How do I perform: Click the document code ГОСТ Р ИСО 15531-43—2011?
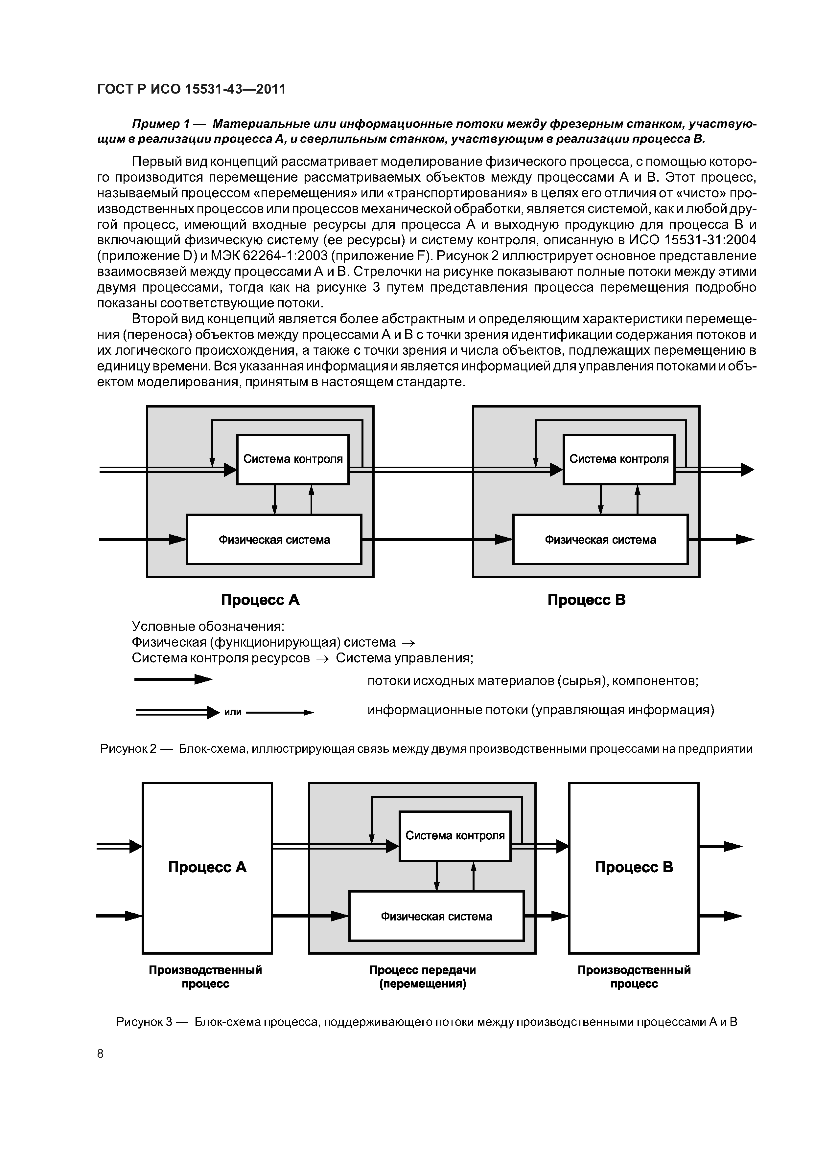coord(191,89)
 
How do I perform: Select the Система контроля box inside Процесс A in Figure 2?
coord(293,459)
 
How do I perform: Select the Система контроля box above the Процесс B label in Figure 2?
coord(619,459)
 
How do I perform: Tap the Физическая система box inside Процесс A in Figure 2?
coord(274,539)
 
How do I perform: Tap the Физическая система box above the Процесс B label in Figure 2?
coord(600,539)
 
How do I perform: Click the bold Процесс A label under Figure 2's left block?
coord(260,600)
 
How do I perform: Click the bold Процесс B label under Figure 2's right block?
coord(586,600)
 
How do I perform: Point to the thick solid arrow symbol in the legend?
coord(173,680)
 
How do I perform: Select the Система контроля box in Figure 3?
coord(455,836)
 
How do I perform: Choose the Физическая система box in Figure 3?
coord(436,916)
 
